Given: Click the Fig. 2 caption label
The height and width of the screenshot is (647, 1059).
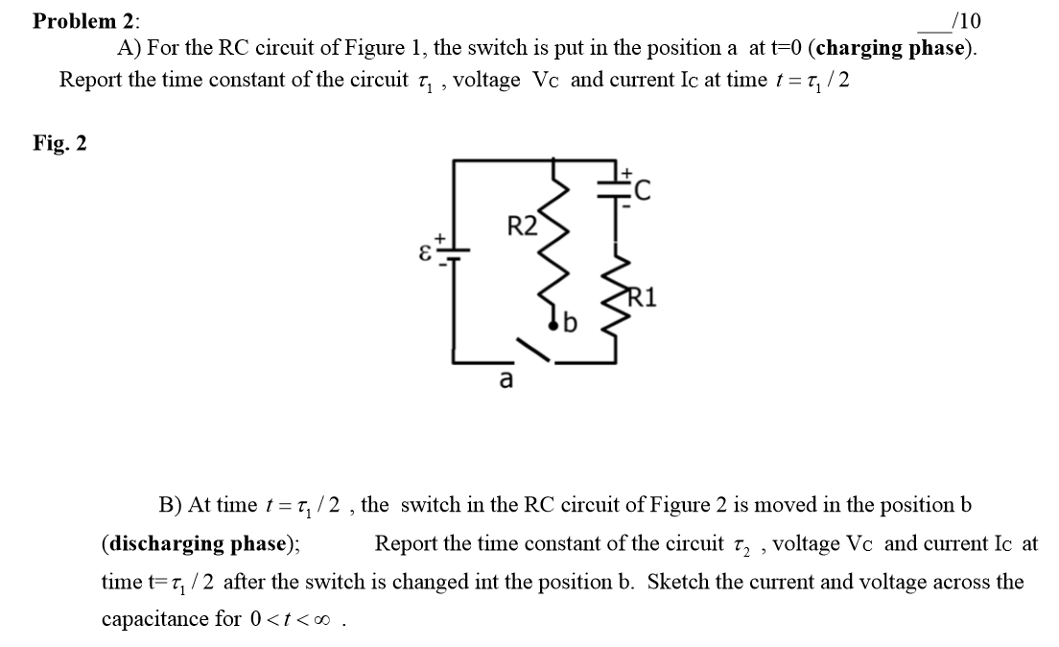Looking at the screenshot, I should tap(59, 143).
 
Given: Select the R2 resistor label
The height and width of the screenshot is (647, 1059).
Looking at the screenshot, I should tap(523, 228).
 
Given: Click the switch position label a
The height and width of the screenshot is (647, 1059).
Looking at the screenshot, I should tap(505, 380).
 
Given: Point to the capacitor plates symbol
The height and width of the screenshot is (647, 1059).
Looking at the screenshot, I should tap(614, 189).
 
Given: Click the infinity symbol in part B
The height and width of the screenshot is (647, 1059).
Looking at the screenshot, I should tap(328, 619).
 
